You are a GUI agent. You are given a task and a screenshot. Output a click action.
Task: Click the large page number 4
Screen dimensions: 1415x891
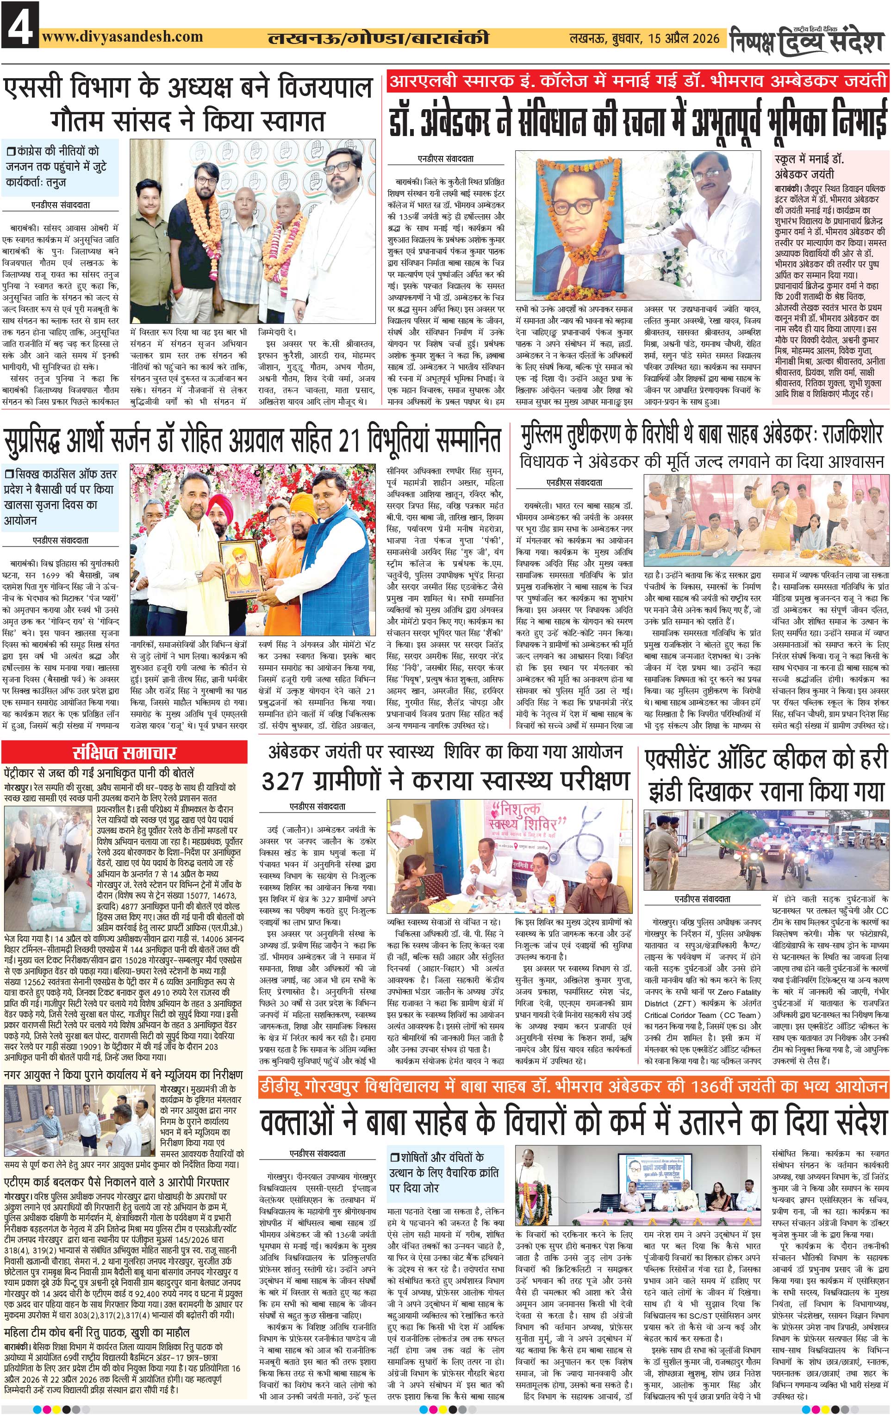[19, 25]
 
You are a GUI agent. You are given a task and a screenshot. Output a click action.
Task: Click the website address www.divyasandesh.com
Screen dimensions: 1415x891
[122, 37]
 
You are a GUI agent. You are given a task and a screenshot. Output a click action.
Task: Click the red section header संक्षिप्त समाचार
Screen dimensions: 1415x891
[125, 753]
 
